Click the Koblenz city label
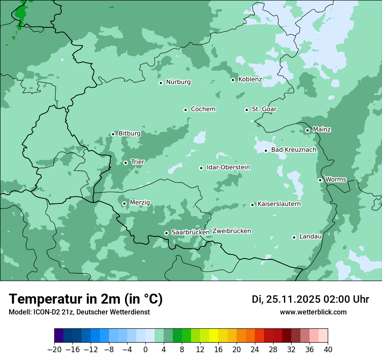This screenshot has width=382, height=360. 250,79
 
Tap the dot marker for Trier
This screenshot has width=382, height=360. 125,163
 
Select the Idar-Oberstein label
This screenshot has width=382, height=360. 228,167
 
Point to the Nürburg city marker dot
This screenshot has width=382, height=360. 161,83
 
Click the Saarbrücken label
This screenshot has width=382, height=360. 191,232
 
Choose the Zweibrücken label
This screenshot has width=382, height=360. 232,231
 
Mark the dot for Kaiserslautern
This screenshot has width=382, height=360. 252,205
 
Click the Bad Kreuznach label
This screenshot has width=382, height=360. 294,150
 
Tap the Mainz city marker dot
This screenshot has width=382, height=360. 307,130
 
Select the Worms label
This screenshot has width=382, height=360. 336,180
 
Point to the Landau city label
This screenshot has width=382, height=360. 310,236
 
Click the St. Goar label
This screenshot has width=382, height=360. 264,109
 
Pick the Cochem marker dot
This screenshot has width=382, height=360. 185,110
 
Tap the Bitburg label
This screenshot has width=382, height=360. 129,134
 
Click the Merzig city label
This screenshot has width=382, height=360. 140,203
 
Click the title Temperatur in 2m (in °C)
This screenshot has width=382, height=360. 86,299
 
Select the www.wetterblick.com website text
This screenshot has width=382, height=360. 313,312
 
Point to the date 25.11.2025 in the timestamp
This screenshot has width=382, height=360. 292,299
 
